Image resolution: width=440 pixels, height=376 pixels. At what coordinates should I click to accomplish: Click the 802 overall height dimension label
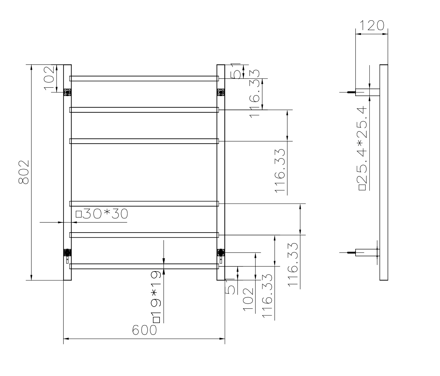click(23, 172)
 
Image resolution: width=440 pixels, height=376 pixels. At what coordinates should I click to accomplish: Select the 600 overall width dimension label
click(144, 330)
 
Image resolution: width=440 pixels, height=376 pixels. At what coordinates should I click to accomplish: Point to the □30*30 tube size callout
click(102, 214)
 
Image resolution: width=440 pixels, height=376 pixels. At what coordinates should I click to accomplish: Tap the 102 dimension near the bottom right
click(248, 300)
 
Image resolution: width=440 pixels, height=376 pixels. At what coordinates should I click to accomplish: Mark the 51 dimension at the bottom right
click(230, 287)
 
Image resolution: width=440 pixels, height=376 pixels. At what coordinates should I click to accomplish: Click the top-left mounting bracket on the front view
click(68, 92)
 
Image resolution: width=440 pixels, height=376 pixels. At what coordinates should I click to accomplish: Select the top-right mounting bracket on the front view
click(221, 92)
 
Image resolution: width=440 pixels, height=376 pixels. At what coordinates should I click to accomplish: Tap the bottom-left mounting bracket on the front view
click(68, 252)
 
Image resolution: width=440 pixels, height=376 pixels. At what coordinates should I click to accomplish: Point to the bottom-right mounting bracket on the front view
click(221, 252)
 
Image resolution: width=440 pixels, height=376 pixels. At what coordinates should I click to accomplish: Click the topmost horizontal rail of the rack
click(144, 78)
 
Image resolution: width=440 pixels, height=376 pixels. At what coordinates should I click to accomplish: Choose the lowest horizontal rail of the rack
click(144, 266)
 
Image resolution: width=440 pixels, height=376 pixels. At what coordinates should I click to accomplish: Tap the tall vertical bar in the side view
click(384, 172)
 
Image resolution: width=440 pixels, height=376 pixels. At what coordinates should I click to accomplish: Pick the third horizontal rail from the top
click(144, 141)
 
